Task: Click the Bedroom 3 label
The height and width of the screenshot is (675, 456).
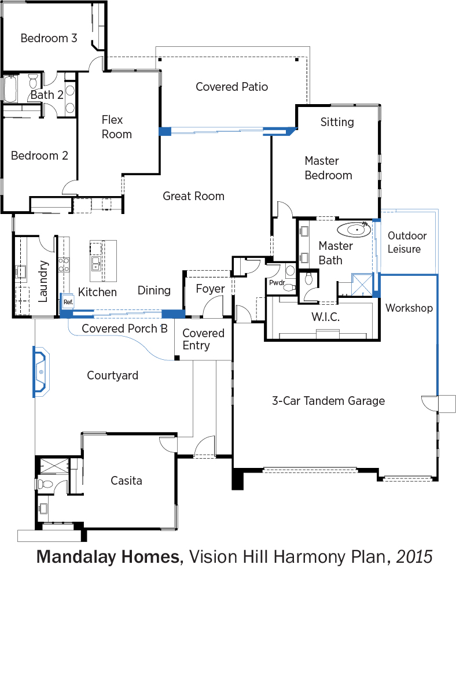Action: pos(49,38)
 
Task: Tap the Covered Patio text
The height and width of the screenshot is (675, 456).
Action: pos(231,87)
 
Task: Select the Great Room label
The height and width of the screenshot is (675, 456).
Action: pos(193,196)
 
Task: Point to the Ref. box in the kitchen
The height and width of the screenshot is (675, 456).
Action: pos(68,302)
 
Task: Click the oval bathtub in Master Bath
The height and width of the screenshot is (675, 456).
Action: pos(354,229)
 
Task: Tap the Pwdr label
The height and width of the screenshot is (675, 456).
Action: pos(277,283)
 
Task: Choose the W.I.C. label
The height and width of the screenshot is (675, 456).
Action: pos(326,318)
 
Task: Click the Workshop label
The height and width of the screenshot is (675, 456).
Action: pos(409,308)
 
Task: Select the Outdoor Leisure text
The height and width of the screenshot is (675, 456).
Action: pos(407,242)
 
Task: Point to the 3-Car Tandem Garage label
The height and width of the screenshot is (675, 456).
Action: pos(328,401)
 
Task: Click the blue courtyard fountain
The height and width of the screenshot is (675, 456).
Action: pos(41,371)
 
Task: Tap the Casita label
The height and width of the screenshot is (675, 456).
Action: pos(126,481)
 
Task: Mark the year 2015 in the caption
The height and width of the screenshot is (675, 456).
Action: pos(414,556)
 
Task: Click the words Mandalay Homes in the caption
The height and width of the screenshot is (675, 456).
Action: pos(108,556)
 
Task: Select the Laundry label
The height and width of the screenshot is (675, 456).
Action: pos(43,281)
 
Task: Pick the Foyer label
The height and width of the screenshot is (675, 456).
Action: pos(210,289)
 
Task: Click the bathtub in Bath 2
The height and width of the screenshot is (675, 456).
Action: pos(10,88)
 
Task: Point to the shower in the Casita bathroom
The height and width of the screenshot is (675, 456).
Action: pos(54,467)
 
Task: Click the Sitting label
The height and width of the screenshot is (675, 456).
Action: pos(337,122)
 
